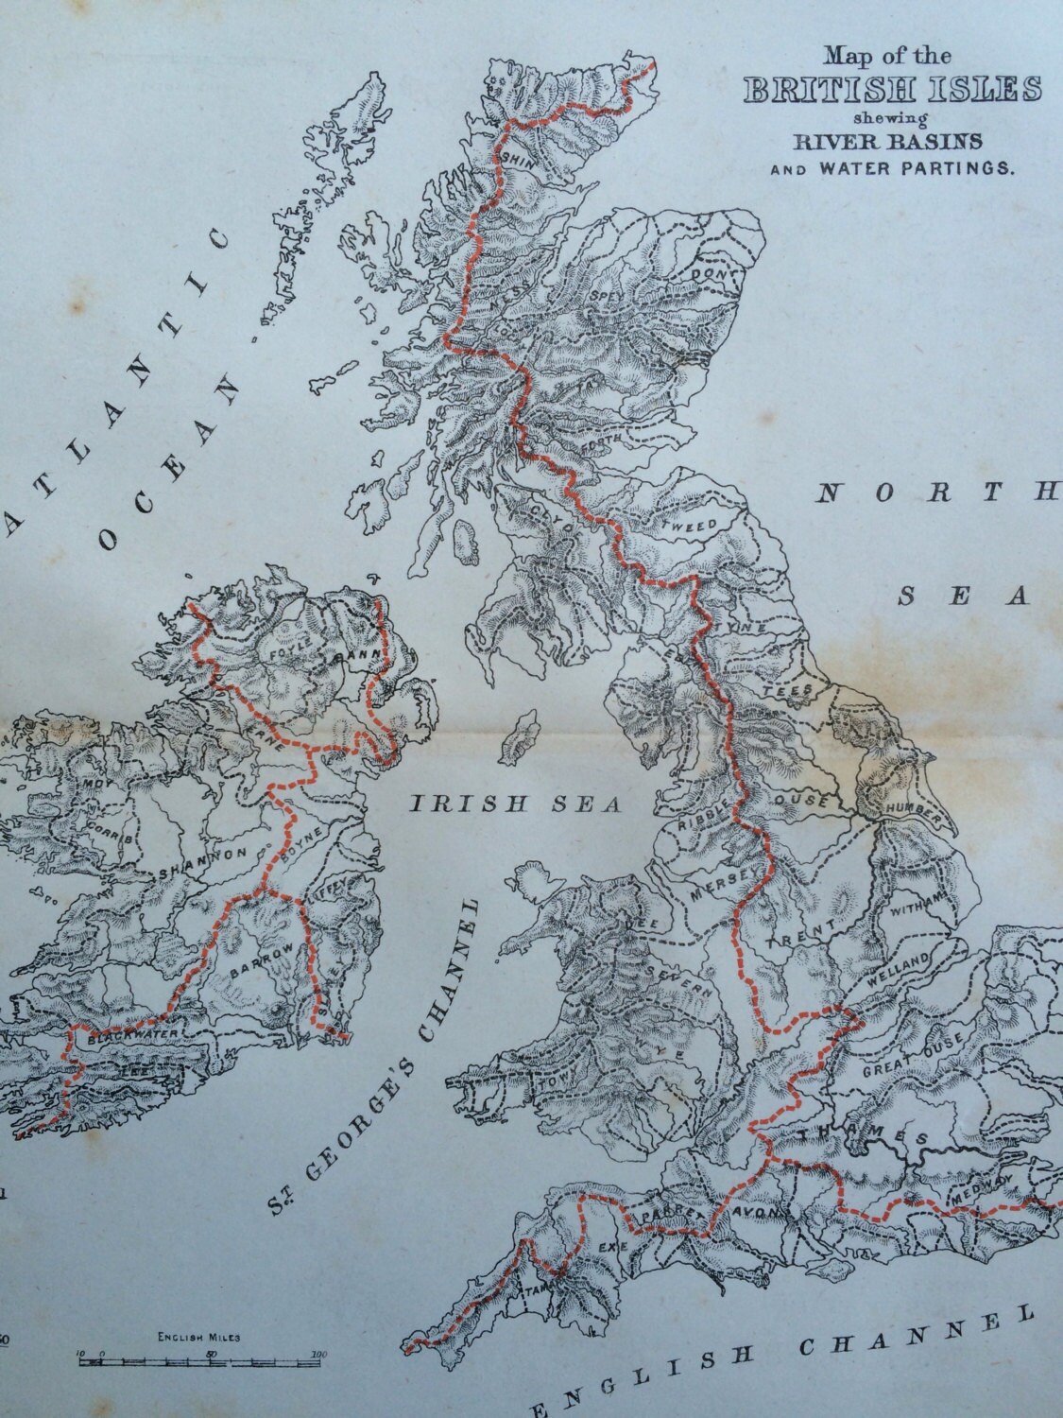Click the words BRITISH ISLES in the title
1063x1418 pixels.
[x=893, y=90]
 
